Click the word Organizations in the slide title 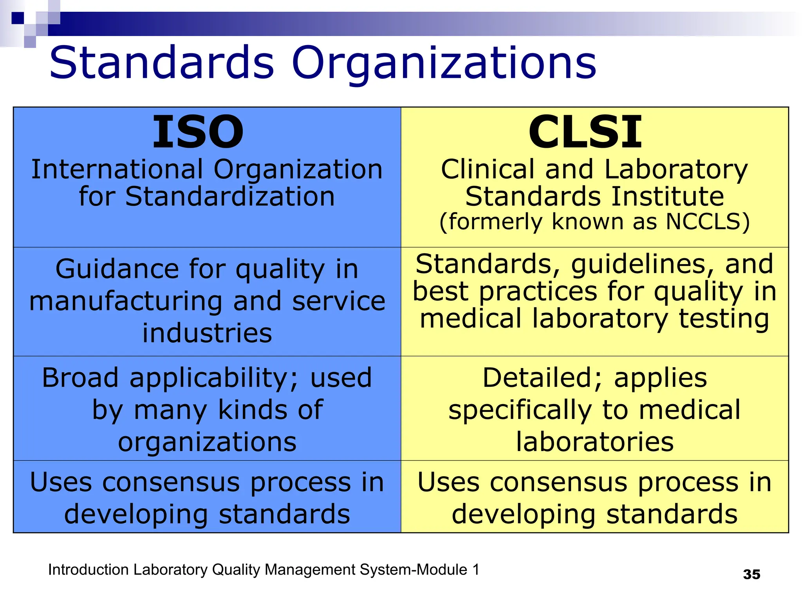(x=444, y=63)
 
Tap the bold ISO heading (x=198, y=132)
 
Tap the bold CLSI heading (x=585, y=132)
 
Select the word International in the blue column (x=117, y=170)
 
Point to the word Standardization (x=230, y=196)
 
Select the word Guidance (x=117, y=269)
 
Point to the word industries (x=207, y=334)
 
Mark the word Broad (x=80, y=378)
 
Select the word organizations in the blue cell (x=207, y=442)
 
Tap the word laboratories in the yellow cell (x=595, y=442)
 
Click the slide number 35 (x=751, y=575)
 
